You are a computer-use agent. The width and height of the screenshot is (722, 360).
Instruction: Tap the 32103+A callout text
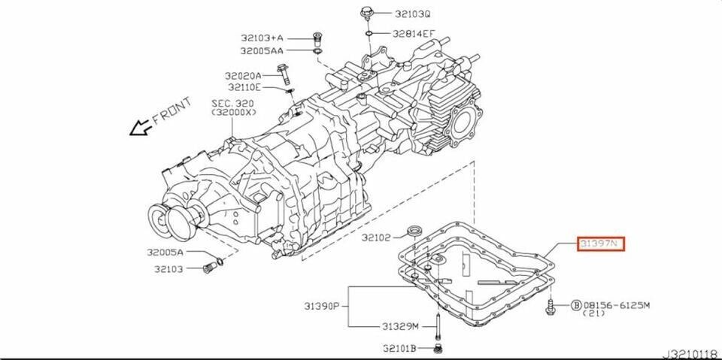[x=262, y=38]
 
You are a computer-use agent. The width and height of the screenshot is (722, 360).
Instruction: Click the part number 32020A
[x=242, y=76]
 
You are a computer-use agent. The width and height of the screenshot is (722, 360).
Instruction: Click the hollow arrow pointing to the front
[x=138, y=129]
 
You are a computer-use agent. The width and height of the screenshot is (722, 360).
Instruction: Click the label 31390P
[x=322, y=306]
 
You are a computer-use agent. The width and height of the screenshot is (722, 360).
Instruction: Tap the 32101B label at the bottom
[x=402, y=348]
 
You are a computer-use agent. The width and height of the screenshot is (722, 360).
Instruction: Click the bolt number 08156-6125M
[x=617, y=306]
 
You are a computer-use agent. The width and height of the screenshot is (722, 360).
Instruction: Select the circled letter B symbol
[x=576, y=306]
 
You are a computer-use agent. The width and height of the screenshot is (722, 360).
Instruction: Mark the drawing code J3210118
[x=689, y=352]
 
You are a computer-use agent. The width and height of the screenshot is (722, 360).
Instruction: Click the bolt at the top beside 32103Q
[x=366, y=14]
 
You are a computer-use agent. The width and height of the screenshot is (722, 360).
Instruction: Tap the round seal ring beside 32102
[x=413, y=229]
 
